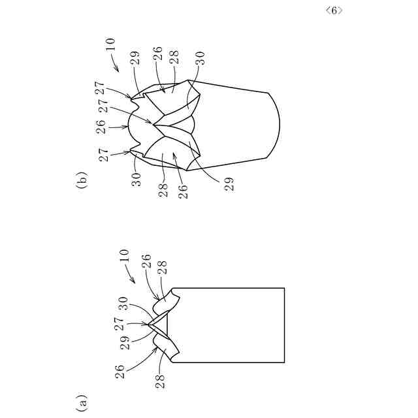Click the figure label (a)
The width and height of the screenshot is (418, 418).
81,401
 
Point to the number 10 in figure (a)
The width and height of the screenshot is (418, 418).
124,256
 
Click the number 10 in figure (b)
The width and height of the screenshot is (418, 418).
110,44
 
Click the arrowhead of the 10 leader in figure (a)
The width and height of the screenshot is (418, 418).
135,281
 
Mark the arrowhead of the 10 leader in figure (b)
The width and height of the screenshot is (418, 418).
116,69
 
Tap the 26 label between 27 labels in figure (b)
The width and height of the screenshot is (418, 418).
102,126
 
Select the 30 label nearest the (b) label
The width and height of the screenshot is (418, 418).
137,180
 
